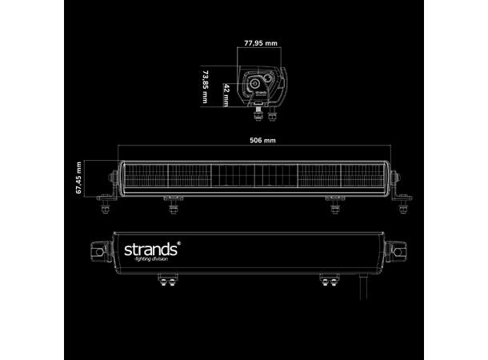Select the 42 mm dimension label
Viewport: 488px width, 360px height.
coord(226,94)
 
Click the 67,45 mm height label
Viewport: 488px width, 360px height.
coord(79,178)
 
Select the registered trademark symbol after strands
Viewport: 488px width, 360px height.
coord(178,243)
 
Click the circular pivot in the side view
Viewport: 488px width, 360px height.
coord(256,82)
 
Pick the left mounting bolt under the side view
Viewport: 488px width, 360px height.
coord(256,114)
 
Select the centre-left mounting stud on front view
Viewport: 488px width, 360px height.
coord(174,207)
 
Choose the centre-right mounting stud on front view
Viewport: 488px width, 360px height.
coord(334,207)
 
